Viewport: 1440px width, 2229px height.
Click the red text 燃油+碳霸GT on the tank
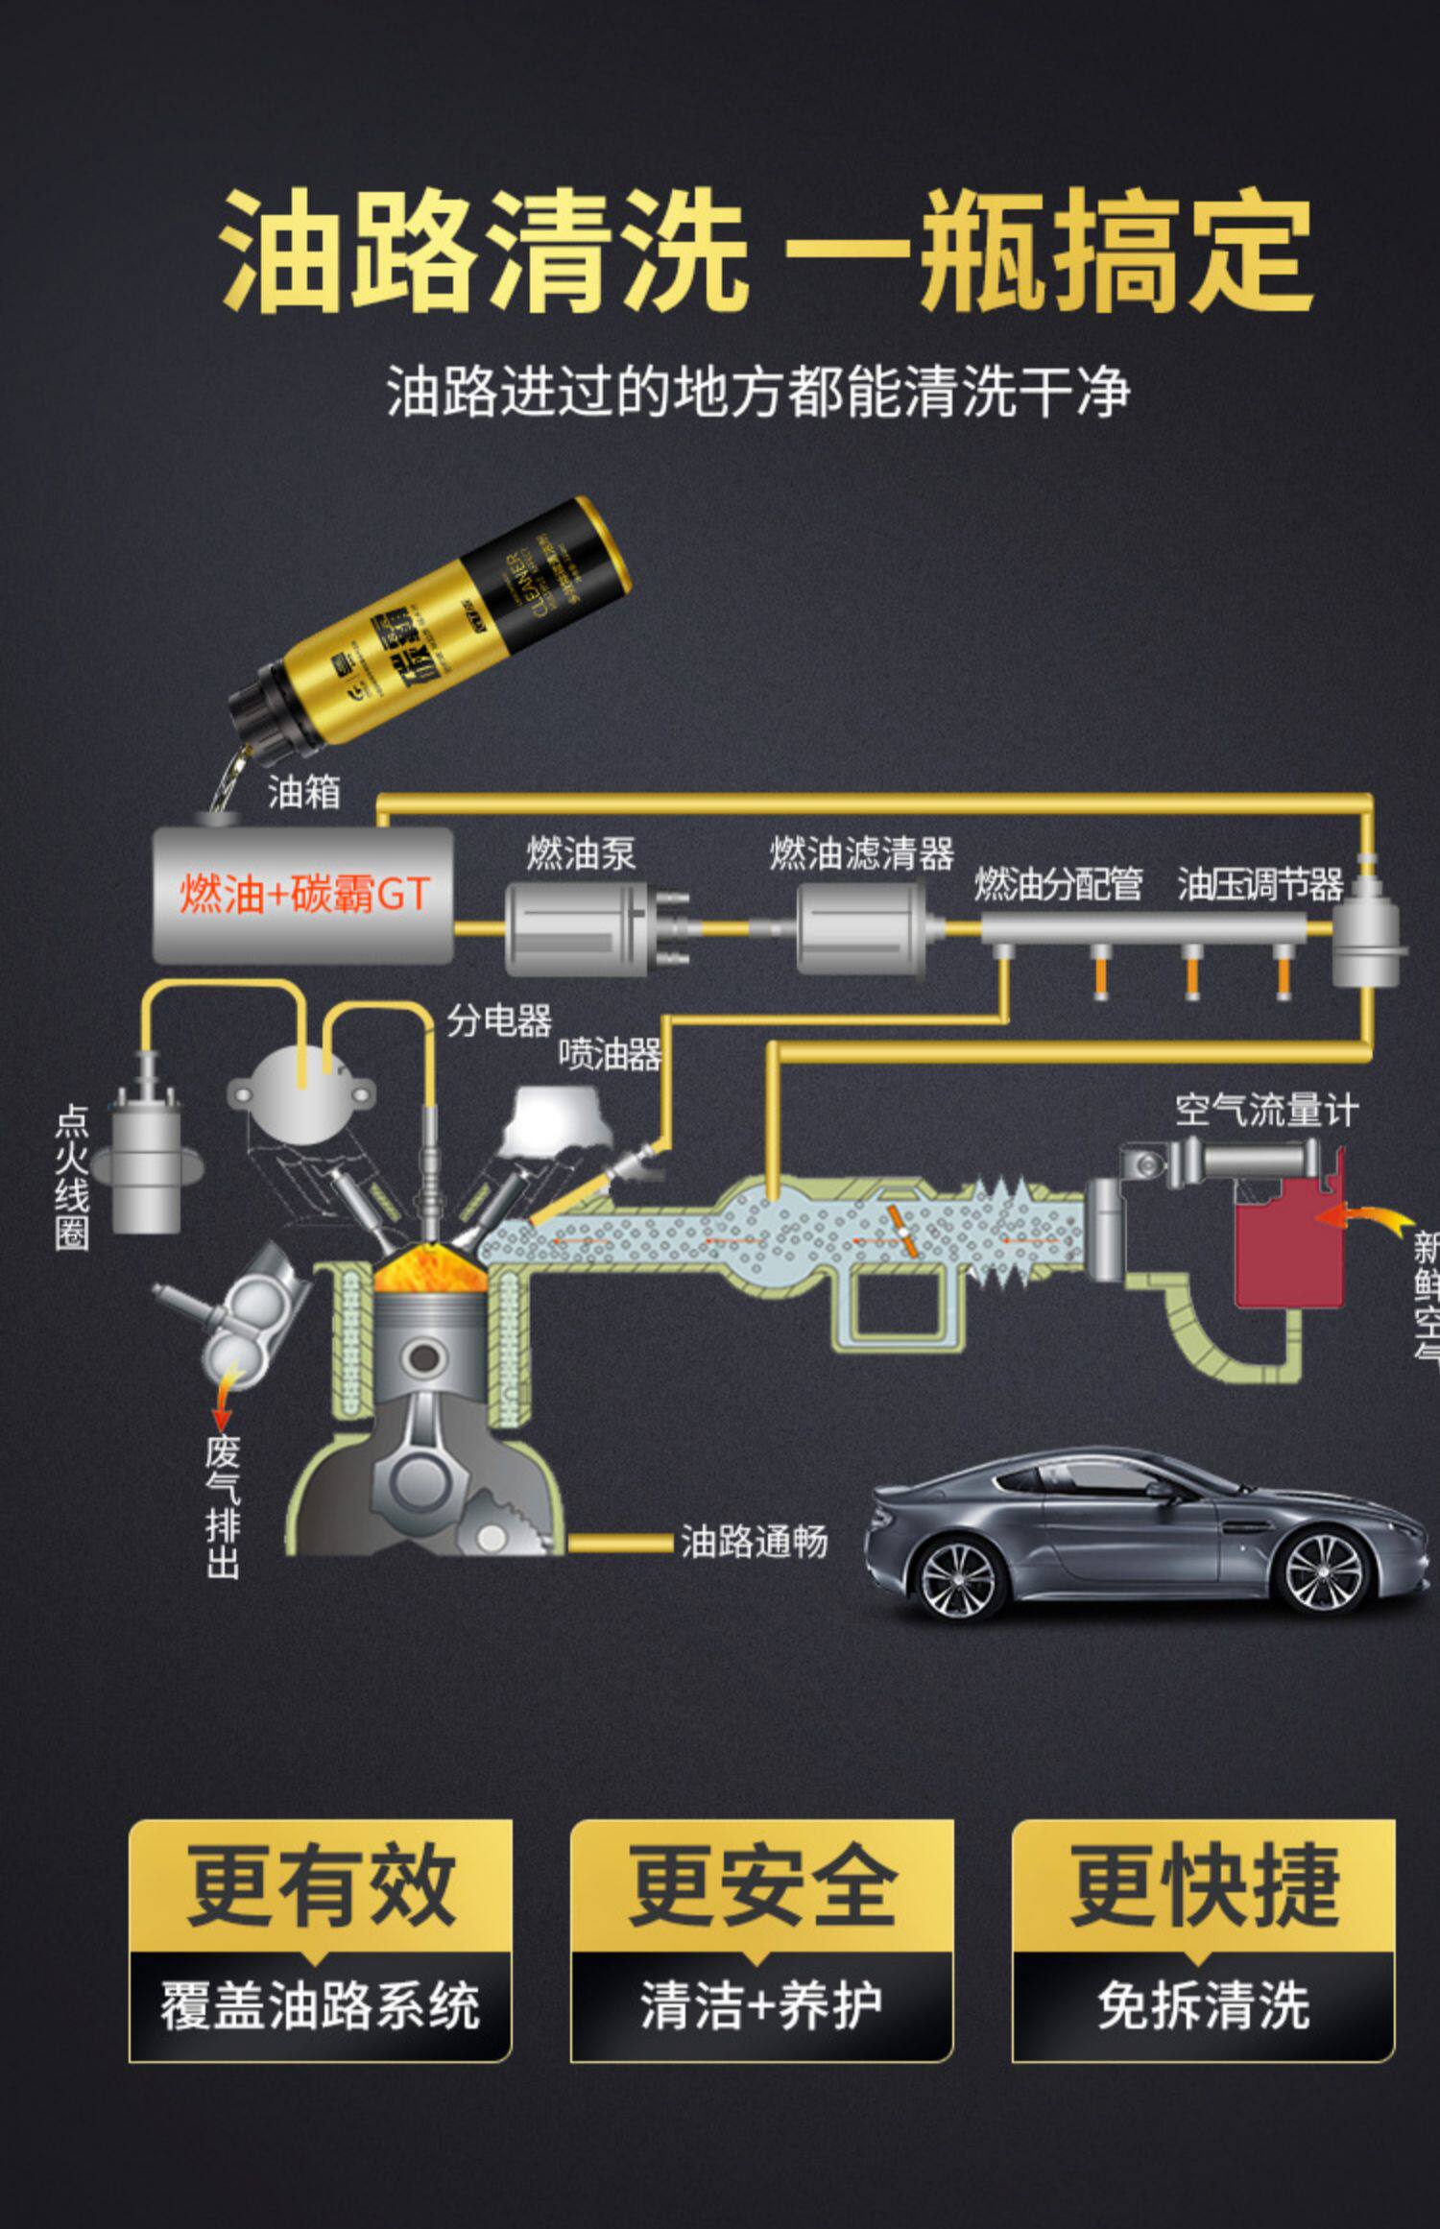tap(303, 895)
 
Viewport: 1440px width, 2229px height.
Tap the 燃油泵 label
tap(580, 853)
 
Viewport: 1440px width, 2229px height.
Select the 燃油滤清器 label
tap(861, 853)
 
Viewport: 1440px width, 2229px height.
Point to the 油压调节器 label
tap(1260, 884)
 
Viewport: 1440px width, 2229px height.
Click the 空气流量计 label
tap(1266, 1111)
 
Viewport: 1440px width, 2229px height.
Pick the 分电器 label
tap(499, 1020)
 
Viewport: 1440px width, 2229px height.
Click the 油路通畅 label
tap(754, 1542)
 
